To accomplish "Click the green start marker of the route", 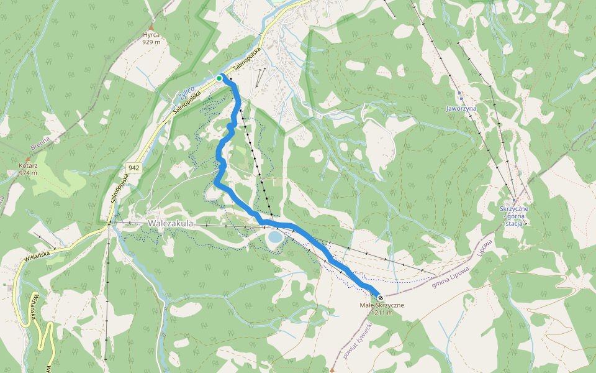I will pyautogui.click(x=219, y=78).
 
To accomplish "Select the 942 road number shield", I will pyautogui.click(x=133, y=168).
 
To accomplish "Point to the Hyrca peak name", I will pyautogui.click(x=151, y=35).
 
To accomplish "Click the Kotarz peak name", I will pyautogui.click(x=29, y=166).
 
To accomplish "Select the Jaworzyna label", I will pyautogui.click(x=461, y=108).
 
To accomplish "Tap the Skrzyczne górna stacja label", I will pyautogui.click(x=513, y=216).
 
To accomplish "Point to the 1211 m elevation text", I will pyautogui.click(x=382, y=313).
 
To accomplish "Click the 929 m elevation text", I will pyautogui.click(x=151, y=42).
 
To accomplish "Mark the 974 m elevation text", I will pyautogui.click(x=29, y=173).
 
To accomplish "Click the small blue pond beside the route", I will pyautogui.click(x=274, y=237).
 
